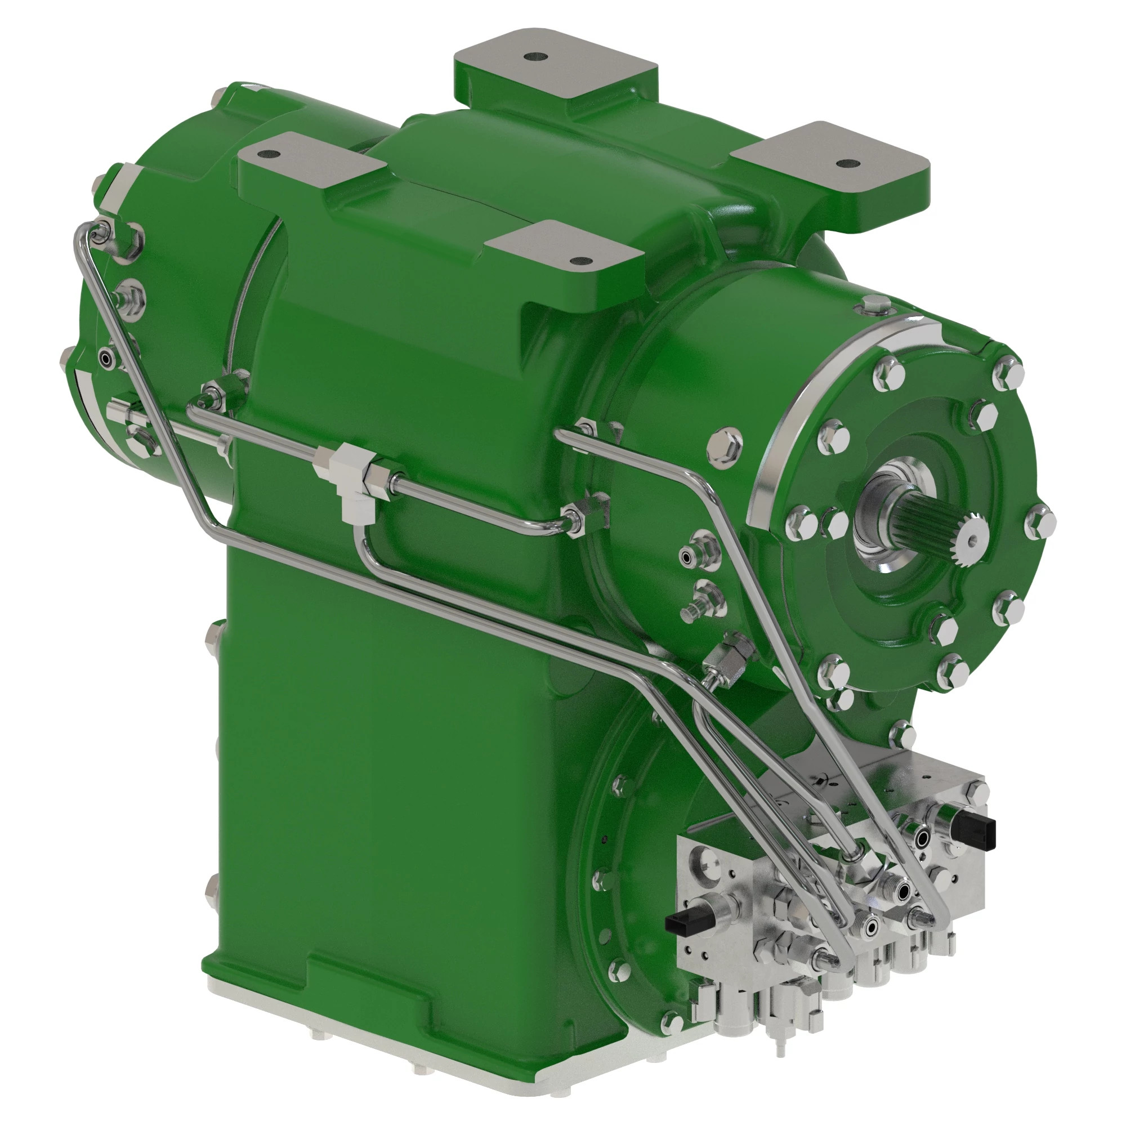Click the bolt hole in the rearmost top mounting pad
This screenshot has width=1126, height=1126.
(x=535, y=57)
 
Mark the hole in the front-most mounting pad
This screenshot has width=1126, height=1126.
(x=577, y=261)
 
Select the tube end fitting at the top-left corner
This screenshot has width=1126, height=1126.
(x=99, y=231)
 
